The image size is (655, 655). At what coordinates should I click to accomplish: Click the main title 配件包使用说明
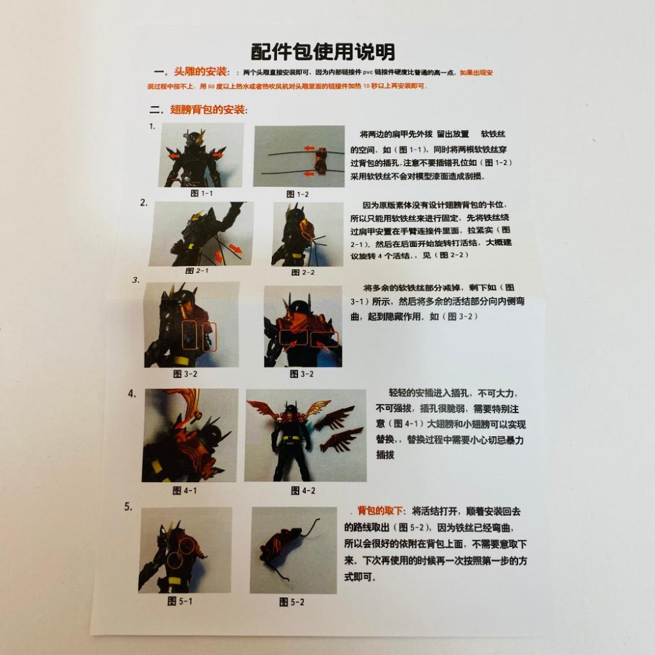point(323,51)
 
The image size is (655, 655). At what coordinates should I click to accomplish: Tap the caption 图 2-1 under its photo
point(196,270)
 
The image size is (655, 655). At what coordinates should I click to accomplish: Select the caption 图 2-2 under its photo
point(303,272)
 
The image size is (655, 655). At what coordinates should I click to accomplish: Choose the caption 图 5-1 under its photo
point(179,600)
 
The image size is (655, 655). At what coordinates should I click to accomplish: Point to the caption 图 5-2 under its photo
point(291,601)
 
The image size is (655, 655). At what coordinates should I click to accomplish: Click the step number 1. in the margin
point(151,126)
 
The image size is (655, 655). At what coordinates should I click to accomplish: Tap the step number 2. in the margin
point(143,202)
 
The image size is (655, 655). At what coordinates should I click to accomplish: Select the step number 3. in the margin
point(136,280)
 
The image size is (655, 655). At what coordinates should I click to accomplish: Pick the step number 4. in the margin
point(132,394)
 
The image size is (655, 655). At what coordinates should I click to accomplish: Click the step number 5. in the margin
point(128,506)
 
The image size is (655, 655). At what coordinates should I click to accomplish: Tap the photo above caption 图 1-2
point(299,156)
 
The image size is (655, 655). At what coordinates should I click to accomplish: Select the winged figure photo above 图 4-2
point(305,435)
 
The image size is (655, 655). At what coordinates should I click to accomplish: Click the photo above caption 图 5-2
point(293,550)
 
